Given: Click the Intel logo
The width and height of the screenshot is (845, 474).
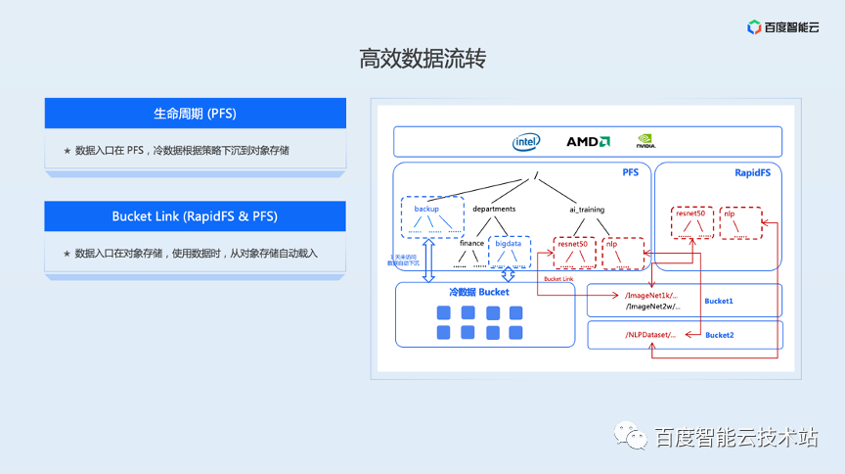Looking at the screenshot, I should click(x=526, y=142).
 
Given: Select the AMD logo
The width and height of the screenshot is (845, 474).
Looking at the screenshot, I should click(x=589, y=142).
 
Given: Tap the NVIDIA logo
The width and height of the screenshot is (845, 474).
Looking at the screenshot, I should click(x=645, y=142).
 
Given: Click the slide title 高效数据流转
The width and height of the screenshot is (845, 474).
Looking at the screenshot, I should click(x=422, y=59).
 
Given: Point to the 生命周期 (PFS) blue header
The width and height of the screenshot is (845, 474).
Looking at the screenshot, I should click(x=196, y=113).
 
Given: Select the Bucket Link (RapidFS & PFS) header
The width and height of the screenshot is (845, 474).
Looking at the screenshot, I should click(x=196, y=216).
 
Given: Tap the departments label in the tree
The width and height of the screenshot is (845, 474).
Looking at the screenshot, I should click(x=494, y=209).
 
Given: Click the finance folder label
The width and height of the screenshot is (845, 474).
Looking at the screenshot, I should click(x=472, y=243).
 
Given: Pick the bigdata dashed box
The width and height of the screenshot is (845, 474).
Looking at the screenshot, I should click(x=509, y=252).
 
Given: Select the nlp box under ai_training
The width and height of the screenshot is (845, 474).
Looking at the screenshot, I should click(x=623, y=253).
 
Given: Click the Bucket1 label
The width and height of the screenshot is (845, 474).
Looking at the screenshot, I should click(x=719, y=301).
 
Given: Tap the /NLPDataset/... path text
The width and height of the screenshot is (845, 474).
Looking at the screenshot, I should click(x=650, y=335).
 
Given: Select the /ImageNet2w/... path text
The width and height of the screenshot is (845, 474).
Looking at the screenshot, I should click(x=651, y=307).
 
